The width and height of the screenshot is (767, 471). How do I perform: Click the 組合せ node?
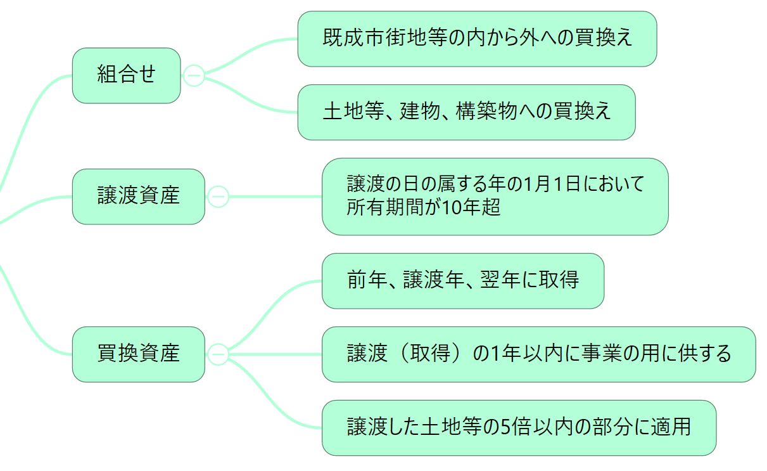(x=126, y=75)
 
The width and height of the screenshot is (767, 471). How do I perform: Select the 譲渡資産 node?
(x=138, y=197)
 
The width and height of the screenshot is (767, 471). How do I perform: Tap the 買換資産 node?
(x=138, y=354)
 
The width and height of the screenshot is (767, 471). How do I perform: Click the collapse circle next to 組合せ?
(x=194, y=75)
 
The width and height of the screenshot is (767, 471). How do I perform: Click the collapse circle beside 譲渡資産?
(x=218, y=197)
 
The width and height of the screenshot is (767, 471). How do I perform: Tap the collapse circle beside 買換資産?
(x=218, y=354)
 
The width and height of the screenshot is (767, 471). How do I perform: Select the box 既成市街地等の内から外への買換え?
(x=477, y=39)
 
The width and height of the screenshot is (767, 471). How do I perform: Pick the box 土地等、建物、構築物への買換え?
(x=466, y=112)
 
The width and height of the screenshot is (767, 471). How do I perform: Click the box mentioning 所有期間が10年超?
(x=495, y=197)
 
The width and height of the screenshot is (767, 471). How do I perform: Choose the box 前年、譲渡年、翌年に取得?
(x=462, y=281)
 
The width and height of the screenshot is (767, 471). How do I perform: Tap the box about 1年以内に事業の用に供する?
(x=538, y=354)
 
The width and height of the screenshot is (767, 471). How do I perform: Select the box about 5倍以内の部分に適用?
(x=519, y=427)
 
